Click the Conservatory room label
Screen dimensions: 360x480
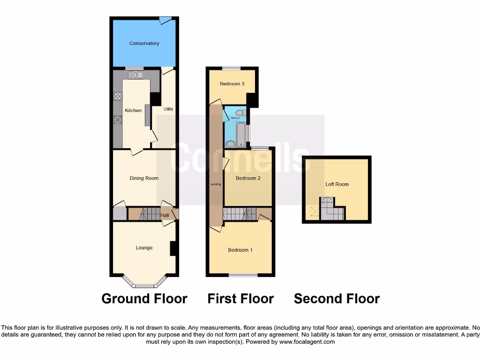point(144,44)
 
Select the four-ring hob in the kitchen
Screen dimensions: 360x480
point(118,97)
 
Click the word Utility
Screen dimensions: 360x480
point(168,109)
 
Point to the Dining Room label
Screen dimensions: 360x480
point(144,178)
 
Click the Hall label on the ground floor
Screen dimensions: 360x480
point(165,215)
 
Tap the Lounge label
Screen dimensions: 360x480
point(144,247)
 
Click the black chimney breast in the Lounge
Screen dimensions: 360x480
point(172,248)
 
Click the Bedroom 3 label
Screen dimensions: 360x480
point(232,84)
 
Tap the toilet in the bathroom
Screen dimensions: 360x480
point(240,113)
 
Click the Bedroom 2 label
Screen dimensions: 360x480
point(248,178)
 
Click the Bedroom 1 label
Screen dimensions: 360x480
point(240,250)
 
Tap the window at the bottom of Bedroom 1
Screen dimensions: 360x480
point(243,275)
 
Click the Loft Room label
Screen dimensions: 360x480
point(337,184)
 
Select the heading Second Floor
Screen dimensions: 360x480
point(337,299)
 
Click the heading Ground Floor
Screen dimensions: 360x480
point(144,299)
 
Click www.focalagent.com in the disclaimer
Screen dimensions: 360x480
point(307,342)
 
